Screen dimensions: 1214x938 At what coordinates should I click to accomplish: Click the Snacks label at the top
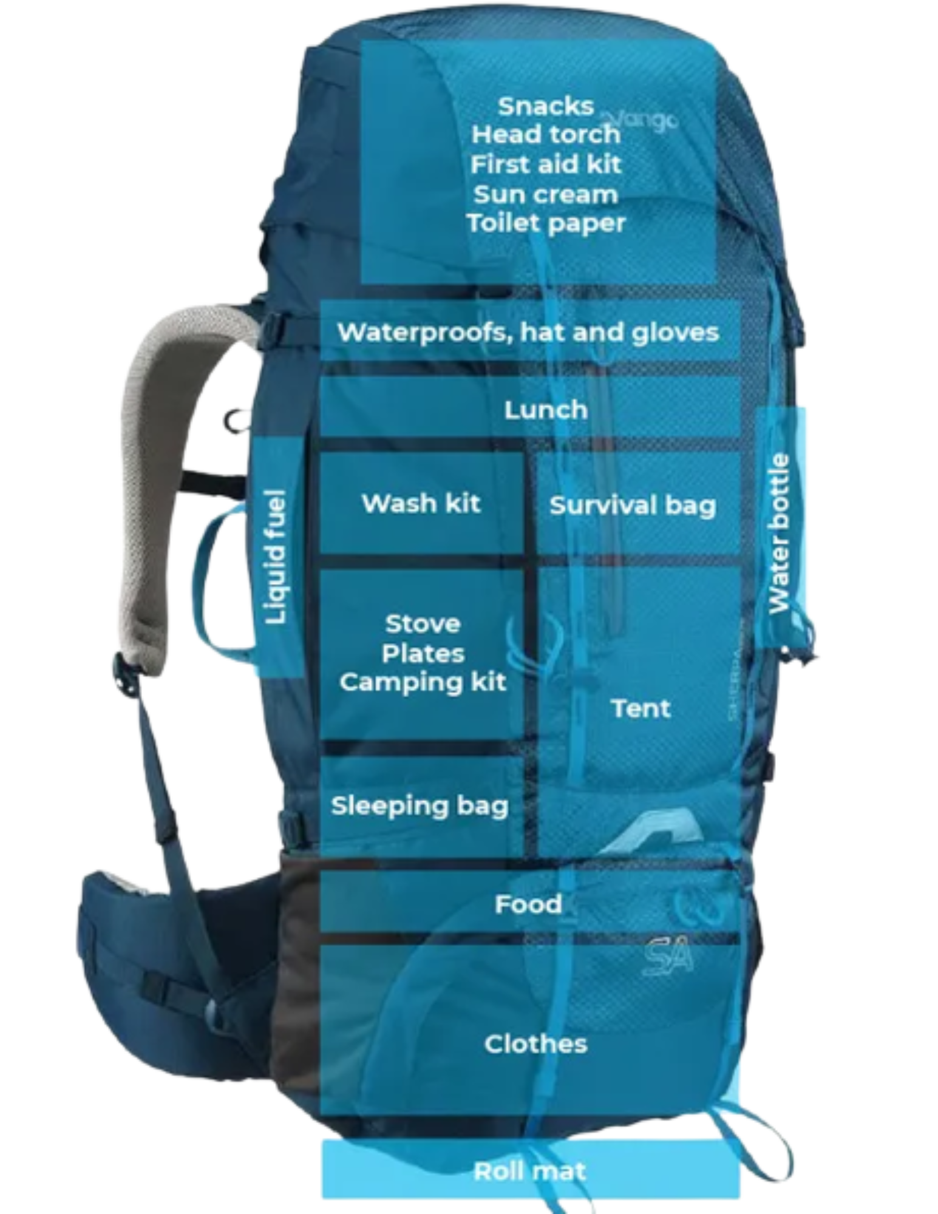tap(545, 107)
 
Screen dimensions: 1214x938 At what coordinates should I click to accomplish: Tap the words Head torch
tap(546, 135)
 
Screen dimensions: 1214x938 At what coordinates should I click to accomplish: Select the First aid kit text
tap(546, 164)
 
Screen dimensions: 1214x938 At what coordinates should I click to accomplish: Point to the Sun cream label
tap(546, 195)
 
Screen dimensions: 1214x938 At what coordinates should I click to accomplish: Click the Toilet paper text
tap(546, 223)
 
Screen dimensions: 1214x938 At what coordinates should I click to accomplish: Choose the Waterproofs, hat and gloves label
tap(528, 333)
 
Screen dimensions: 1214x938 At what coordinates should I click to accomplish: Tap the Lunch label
tap(546, 410)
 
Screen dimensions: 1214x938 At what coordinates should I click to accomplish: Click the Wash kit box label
tap(421, 503)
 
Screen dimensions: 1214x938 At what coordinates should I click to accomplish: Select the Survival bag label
tap(633, 506)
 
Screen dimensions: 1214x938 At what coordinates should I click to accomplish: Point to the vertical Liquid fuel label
tap(276, 557)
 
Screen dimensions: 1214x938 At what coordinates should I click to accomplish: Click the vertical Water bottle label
tap(779, 534)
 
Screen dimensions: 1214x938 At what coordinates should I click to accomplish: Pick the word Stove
tap(423, 624)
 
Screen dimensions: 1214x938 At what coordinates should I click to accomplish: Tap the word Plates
tap(423, 654)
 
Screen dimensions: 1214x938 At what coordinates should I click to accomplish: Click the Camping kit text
tap(423, 682)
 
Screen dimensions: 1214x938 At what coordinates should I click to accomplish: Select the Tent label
tap(641, 708)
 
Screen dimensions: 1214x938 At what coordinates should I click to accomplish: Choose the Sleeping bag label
tap(420, 806)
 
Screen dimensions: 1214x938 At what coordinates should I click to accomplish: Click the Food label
tap(528, 904)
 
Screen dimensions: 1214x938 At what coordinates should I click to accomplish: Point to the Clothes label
tap(535, 1044)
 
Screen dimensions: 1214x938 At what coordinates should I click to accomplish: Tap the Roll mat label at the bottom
tap(529, 1172)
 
